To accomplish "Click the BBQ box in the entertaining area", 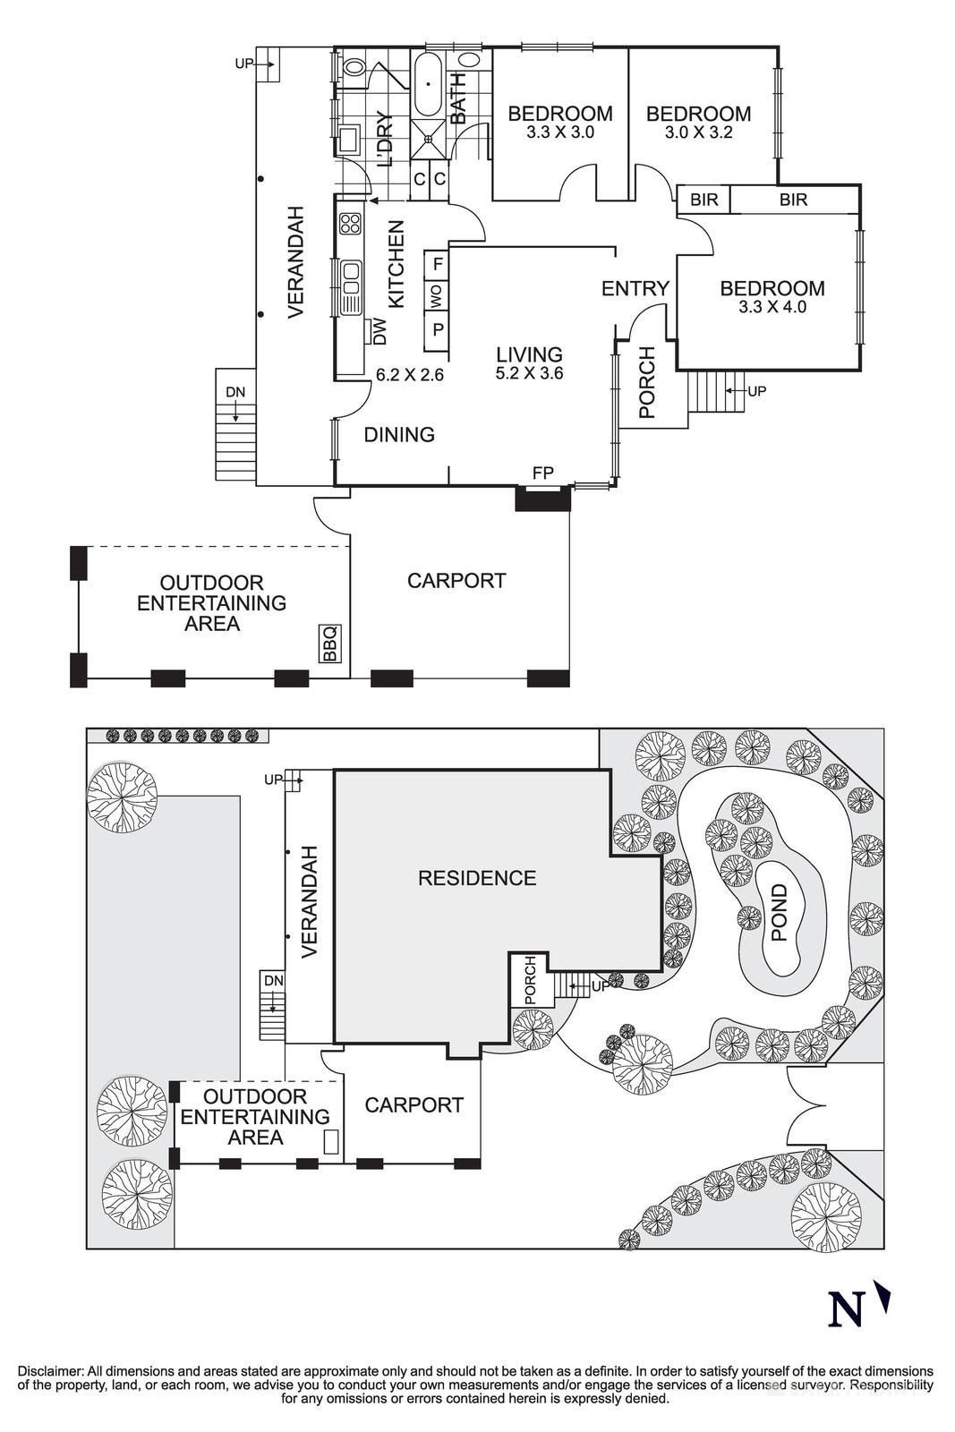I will pos(329,644).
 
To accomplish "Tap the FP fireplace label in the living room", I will pos(542,473).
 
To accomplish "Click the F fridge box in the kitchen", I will pos(437,264).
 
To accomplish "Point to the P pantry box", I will pos(437,328).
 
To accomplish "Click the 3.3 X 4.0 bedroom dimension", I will pos(772,306).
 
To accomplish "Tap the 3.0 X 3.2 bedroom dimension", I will pos(698,132).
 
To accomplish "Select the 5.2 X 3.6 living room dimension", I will pos(529,373).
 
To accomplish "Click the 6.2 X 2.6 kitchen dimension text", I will pos(410,374).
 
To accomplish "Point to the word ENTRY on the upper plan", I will pos(635,288).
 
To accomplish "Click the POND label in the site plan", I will pos(779,913).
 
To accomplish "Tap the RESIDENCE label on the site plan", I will pos(477,878).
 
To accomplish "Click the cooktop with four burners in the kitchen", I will pos(350,223).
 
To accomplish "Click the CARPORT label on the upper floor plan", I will pos(456,581).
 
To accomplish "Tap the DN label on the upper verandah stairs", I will pos(234,392).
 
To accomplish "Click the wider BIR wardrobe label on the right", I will pos(793,200).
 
